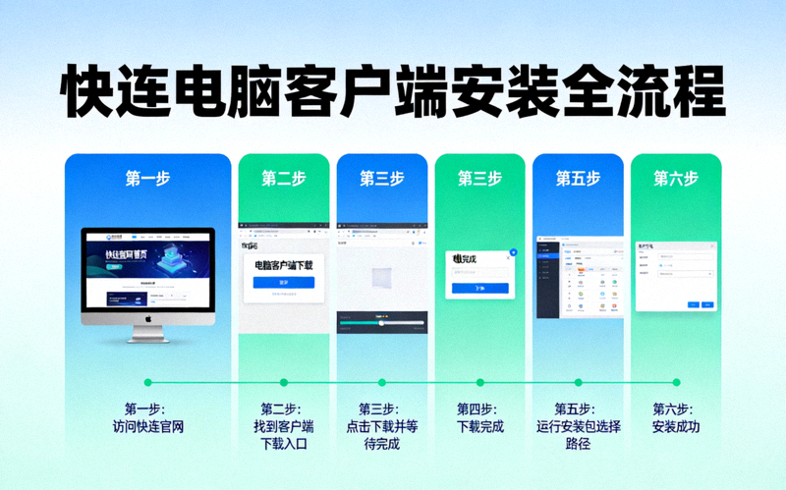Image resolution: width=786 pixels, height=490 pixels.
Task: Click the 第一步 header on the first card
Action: click(x=147, y=179)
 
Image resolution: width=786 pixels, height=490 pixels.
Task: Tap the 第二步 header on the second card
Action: click(x=283, y=179)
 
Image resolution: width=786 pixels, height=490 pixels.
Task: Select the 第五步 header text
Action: click(x=578, y=179)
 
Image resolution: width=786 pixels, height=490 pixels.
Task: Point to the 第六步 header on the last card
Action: click(x=675, y=179)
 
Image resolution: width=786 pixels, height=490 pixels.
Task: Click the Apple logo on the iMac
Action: click(x=147, y=319)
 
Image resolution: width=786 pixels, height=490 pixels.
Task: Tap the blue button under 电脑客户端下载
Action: click(x=283, y=283)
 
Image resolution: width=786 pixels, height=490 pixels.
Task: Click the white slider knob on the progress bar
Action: click(x=380, y=321)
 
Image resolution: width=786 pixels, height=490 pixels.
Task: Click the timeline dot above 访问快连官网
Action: click(x=148, y=382)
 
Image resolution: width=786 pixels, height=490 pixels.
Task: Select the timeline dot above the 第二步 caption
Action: click(x=284, y=382)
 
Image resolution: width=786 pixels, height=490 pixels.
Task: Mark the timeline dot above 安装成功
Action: click(x=675, y=382)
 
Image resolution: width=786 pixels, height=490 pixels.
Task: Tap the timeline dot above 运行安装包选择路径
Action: click(x=578, y=382)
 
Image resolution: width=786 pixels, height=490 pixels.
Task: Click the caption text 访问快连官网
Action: click(x=148, y=427)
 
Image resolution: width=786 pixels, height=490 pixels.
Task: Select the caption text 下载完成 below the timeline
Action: click(x=479, y=427)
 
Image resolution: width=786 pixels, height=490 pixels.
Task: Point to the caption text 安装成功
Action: click(x=675, y=427)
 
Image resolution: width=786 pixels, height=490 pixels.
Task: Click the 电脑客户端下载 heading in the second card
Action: click(x=283, y=265)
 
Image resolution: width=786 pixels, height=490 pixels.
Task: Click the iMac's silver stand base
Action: click(x=147, y=341)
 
